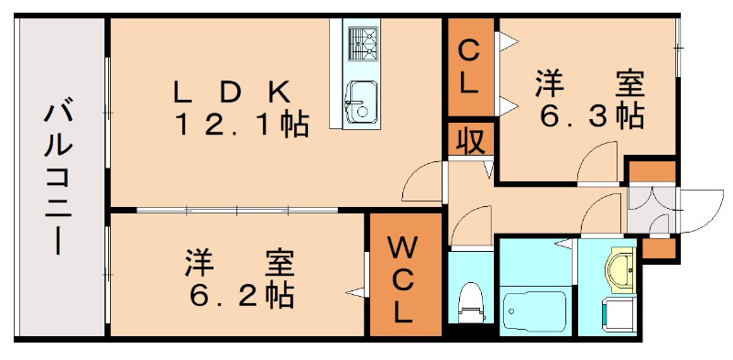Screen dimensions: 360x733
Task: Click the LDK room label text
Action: (233, 92)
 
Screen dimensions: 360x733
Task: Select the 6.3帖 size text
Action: (590, 117)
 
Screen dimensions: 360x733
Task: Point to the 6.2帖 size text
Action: (241, 295)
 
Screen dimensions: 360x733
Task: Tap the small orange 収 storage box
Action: (470, 141)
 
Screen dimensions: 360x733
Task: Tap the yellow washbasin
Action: (623, 267)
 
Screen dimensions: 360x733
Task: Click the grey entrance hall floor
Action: (651, 210)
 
